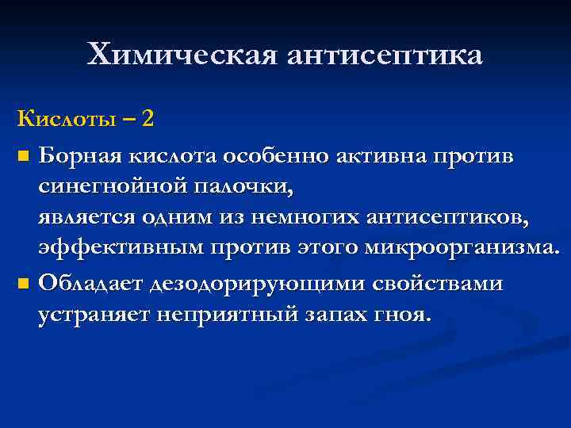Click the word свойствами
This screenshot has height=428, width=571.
429,283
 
